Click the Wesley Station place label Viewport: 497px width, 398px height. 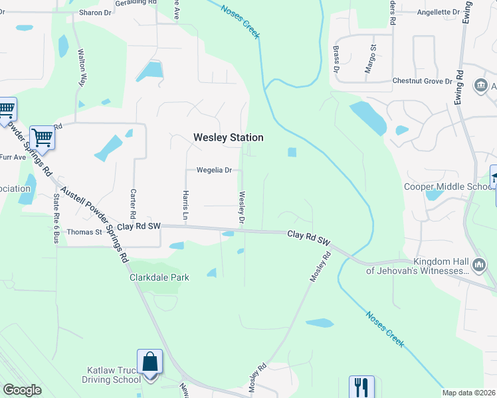click(x=228, y=137)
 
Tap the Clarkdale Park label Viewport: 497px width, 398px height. click(x=159, y=277)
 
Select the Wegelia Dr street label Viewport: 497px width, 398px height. click(x=213, y=170)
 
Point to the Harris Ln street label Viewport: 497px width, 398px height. click(x=185, y=207)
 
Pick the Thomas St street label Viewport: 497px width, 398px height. click(x=84, y=232)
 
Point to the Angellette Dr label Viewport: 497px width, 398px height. click(x=438, y=12)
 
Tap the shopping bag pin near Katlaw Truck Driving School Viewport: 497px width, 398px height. click(x=149, y=363)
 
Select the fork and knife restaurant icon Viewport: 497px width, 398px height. click(x=361, y=386)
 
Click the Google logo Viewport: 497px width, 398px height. click(x=22, y=390)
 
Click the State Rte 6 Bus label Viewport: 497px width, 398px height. click(x=54, y=218)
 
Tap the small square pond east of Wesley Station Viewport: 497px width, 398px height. click(x=292, y=153)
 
